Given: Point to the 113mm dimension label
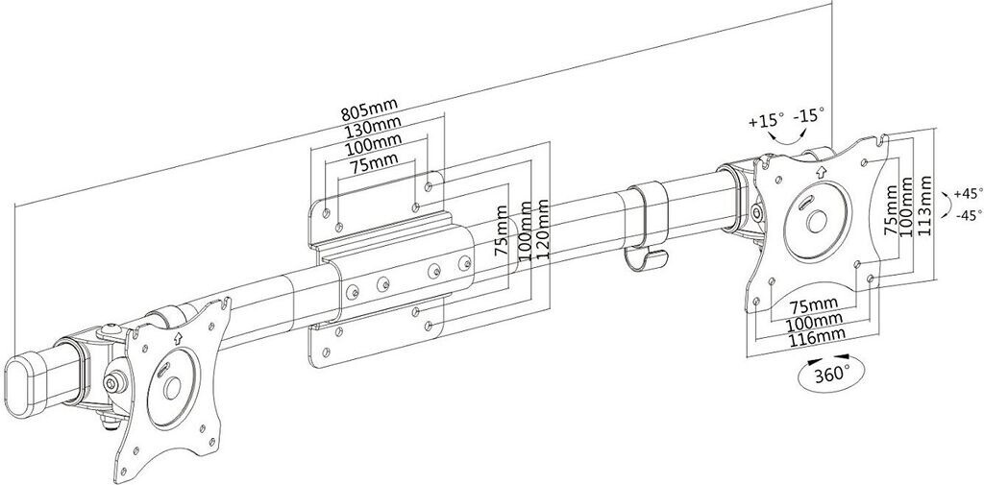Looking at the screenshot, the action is click(x=923, y=206).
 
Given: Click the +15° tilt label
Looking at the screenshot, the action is click(x=766, y=119).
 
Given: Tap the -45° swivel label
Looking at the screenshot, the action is click(x=969, y=215).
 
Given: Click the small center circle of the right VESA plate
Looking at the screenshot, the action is click(x=817, y=222).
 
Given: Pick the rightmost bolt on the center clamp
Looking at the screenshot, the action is click(x=464, y=262).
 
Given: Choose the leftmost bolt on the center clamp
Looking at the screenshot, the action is click(x=353, y=291).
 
